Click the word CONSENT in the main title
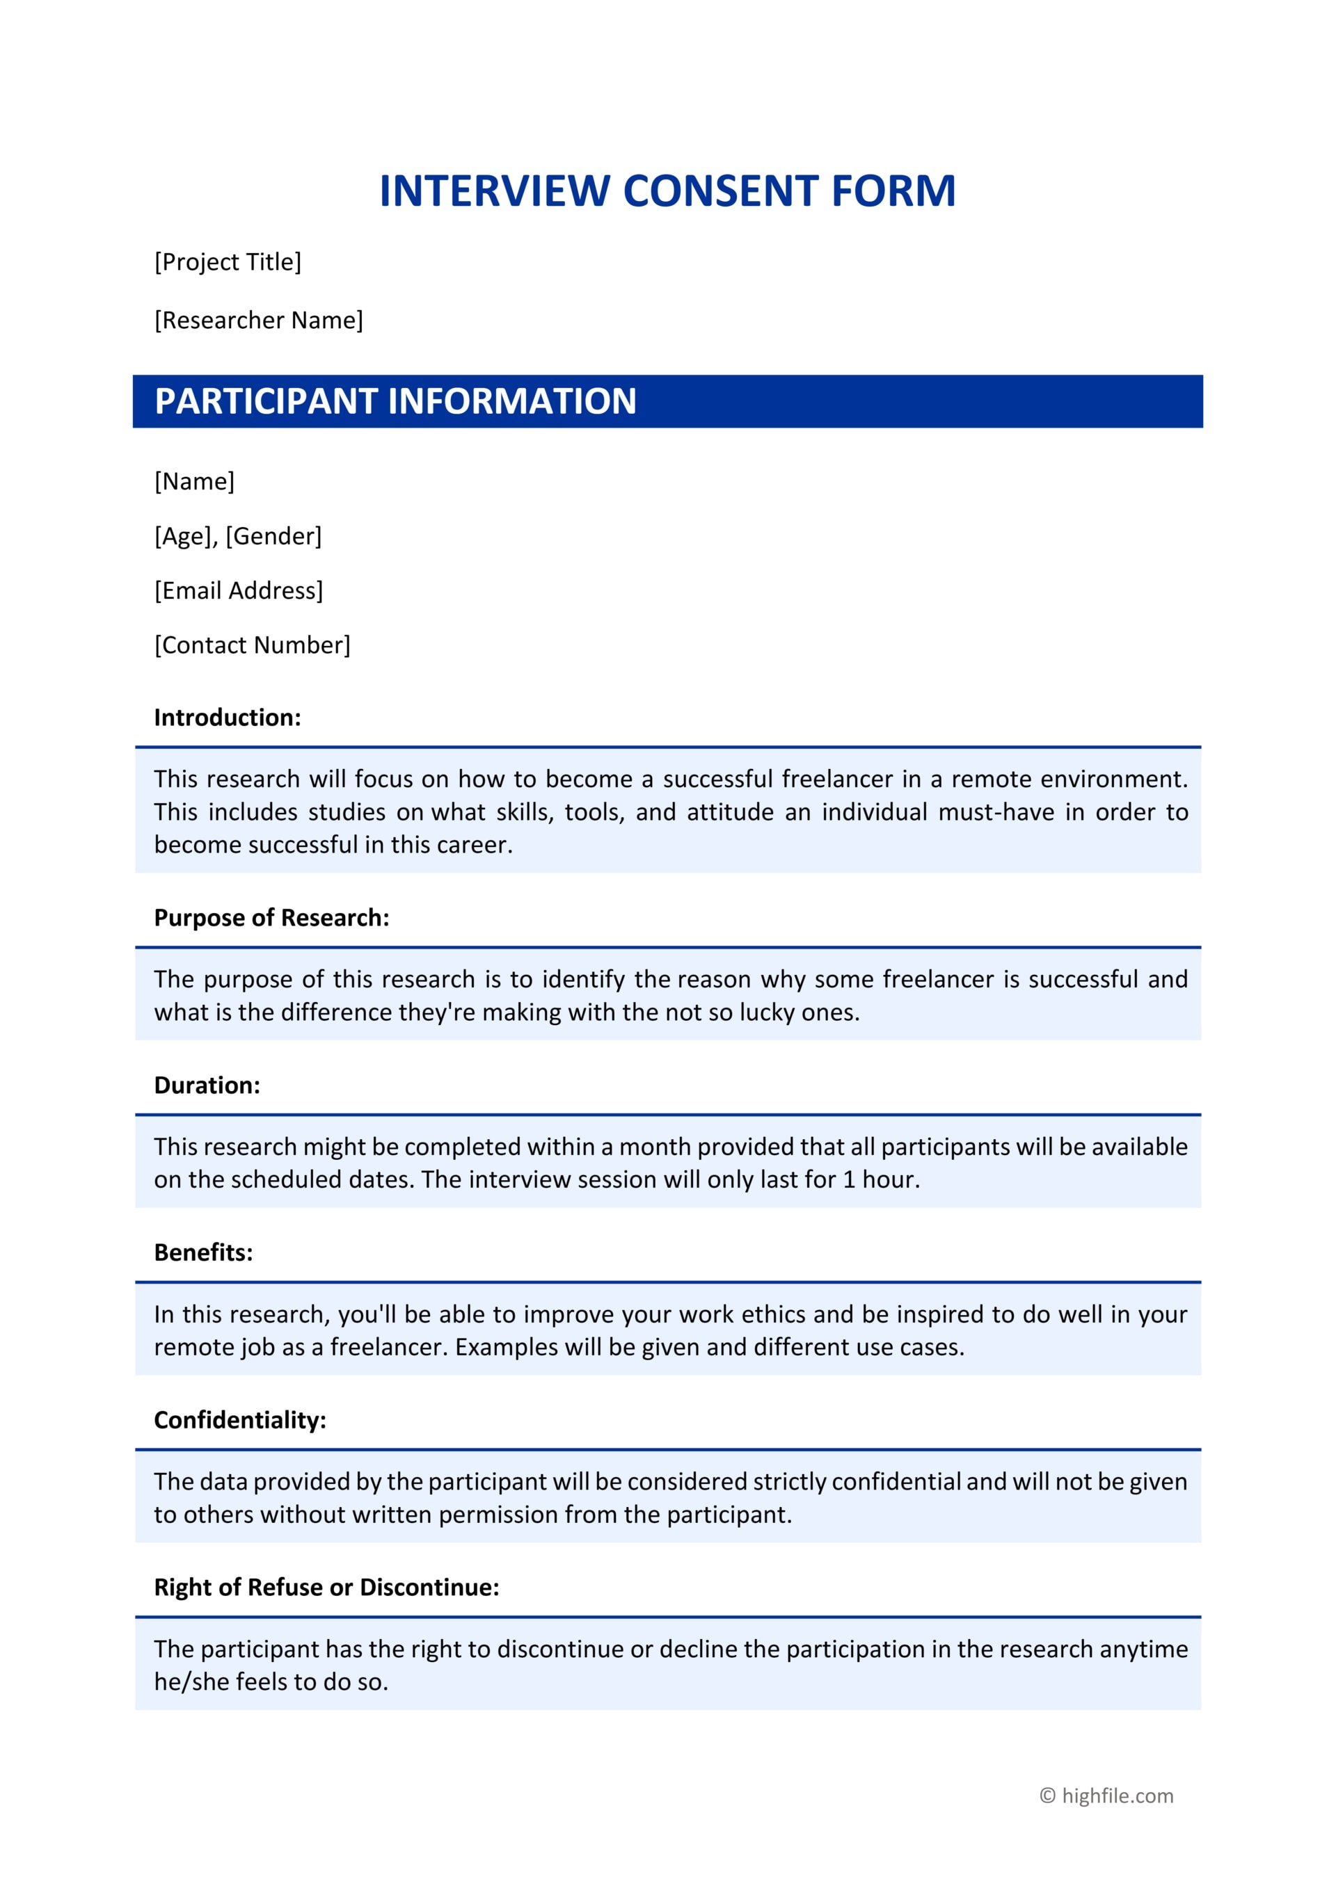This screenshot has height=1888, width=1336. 719,192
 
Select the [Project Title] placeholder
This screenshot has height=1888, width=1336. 228,261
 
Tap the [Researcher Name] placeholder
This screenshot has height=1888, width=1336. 258,320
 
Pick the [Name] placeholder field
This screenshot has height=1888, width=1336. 194,481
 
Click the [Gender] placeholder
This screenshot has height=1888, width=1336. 273,536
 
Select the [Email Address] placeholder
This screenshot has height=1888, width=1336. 239,590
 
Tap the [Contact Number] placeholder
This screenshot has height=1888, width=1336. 252,645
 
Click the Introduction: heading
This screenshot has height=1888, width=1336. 227,717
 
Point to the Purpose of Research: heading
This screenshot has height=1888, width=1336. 271,918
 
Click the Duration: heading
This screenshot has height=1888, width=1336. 207,1086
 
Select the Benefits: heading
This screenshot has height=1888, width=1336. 203,1252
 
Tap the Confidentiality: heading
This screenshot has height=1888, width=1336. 239,1420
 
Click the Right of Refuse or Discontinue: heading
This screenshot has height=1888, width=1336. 326,1587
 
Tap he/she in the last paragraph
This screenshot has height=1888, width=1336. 186,1681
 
